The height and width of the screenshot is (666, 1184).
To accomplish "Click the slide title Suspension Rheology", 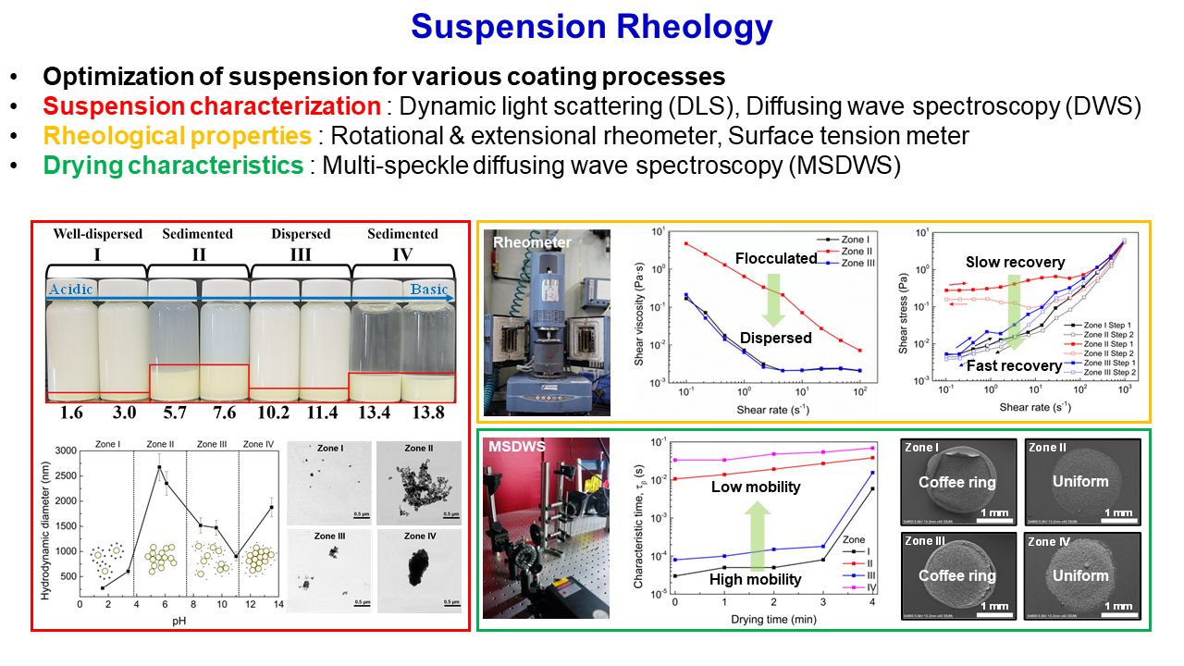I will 592,28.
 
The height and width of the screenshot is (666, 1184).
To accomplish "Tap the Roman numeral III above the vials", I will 301,253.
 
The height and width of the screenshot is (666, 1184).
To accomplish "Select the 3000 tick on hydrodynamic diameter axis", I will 62,450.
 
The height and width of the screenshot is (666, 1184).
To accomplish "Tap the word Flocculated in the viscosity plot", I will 776,257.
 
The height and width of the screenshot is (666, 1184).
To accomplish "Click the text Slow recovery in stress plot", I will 1016,262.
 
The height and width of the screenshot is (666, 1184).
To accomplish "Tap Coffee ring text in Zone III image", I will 957,575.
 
